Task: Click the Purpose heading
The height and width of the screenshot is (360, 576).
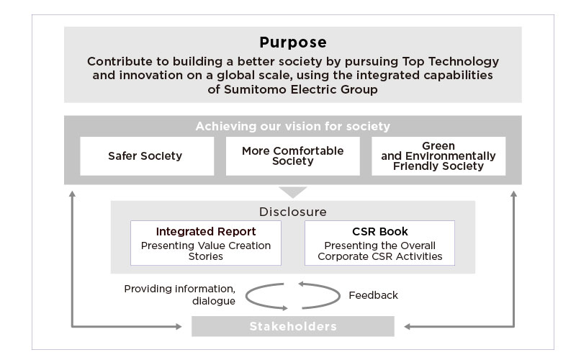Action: click(x=293, y=42)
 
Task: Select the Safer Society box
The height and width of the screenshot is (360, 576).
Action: click(x=147, y=156)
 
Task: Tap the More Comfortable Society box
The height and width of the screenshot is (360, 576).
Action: click(x=293, y=156)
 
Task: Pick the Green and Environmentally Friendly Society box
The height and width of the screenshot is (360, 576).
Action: click(x=438, y=156)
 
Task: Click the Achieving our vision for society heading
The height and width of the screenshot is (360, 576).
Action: click(x=293, y=127)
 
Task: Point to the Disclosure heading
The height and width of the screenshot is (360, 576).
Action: click(x=293, y=212)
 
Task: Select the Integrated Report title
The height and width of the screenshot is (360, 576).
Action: click(x=206, y=231)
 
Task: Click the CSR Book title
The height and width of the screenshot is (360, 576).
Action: click(x=380, y=231)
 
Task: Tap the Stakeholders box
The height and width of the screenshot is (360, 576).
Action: click(x=293, y=326)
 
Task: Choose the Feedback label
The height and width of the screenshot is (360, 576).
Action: click(x=373, y=295)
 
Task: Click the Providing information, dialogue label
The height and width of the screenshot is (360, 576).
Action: click(x=179, y=294)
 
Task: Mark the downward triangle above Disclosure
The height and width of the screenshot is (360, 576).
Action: click(x=293, y=192)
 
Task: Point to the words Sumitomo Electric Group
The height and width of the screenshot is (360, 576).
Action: click(x=301, y=89)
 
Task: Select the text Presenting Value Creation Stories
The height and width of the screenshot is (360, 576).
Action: click(x=206, y=251)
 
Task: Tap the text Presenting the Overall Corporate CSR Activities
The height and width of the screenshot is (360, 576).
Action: click(x=380, y=251)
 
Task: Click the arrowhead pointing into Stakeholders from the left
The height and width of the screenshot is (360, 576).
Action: click(x=179, y=326)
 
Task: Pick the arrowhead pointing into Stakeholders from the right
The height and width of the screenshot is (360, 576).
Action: click(x=408, y=326)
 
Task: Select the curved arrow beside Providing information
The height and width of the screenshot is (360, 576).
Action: click(x=247, y=297)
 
